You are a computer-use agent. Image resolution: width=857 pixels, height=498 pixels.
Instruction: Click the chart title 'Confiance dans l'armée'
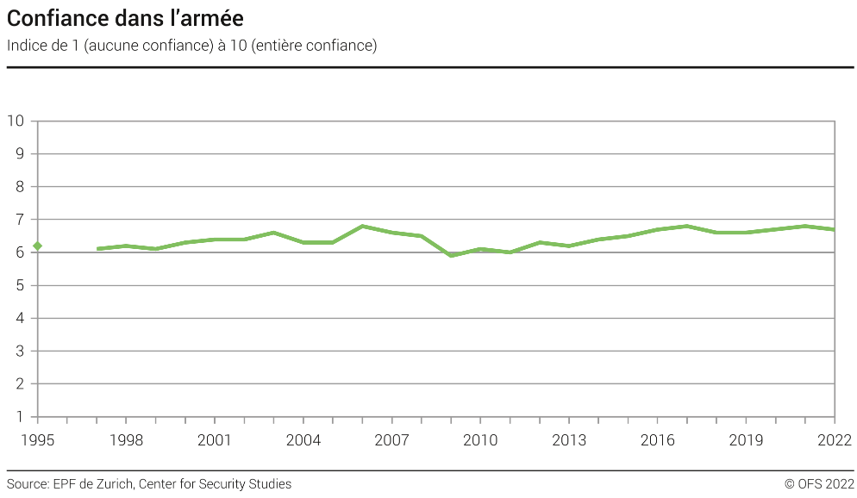coord(125,18)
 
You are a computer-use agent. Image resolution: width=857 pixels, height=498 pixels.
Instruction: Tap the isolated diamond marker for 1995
coord(37,246)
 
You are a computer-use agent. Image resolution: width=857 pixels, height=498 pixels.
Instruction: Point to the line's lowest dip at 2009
coord(451,255)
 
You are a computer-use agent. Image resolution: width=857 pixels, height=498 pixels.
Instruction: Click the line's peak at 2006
coord(362,226)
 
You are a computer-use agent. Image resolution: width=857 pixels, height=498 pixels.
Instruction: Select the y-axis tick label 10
coord(16,121)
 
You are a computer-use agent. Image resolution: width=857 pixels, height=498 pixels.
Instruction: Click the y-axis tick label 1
coord(20,417)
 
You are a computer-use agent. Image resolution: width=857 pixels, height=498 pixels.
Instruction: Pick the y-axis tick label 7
coord(20,220)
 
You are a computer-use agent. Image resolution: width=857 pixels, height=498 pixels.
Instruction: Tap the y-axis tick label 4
coord(20,319)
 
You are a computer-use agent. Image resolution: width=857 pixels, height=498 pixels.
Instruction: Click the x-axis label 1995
coord(37,440)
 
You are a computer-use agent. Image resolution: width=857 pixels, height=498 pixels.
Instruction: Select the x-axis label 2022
coord(835,440)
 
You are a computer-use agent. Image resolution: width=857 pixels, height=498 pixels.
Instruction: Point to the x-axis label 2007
coord(392,440)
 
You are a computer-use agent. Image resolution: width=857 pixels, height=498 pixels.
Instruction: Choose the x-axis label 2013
coord(569,440)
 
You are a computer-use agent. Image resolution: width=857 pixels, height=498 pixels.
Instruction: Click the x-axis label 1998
coord(126,440)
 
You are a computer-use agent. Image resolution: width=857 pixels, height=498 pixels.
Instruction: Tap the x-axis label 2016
coord(658,440)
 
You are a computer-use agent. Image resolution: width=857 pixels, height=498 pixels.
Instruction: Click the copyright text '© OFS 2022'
coord(819,484)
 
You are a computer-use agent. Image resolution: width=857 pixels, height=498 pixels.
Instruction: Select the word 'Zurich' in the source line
coord(112,484)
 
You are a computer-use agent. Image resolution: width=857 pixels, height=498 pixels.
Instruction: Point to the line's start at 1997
coord(97,249)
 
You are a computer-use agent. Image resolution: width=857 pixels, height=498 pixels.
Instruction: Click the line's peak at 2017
coord(687,226)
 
